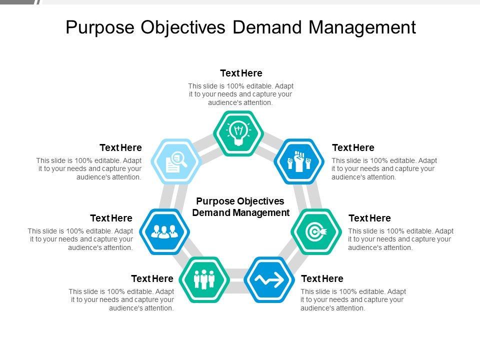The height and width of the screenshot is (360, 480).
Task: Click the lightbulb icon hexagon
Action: (238, 133)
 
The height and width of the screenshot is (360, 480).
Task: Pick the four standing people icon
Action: (204, 279)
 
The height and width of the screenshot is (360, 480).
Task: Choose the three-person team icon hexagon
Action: (164, 231)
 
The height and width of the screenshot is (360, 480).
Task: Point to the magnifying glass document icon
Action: (176, 161)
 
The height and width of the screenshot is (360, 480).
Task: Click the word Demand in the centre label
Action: (210, 212)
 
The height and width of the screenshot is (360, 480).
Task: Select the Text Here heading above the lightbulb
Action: (241, 73)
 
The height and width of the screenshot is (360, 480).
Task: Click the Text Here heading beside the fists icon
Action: (353, 148)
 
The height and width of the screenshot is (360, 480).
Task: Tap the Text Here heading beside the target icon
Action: (369, 218)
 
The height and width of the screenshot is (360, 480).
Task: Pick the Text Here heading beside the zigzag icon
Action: (322, 278)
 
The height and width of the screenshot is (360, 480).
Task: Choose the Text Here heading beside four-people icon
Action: (152, 278)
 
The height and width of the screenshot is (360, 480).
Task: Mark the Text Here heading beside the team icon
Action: (111, 218)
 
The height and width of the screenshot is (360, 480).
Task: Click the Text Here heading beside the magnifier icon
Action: (120, 148)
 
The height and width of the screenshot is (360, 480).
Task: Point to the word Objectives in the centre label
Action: (260, 201)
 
